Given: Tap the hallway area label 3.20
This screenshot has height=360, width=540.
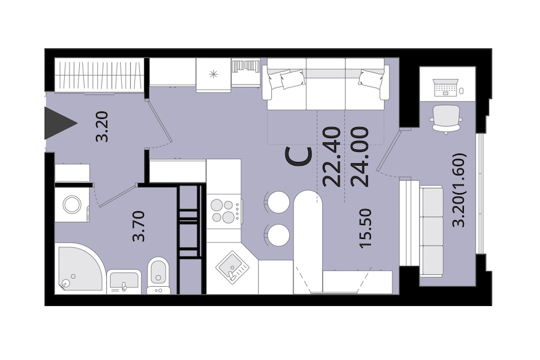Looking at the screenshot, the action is coord(102,127).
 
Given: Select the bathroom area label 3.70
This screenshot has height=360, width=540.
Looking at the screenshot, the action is coord(139,226).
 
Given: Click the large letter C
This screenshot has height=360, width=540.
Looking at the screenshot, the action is coord(299,157).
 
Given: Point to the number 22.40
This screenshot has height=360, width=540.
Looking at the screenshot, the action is coord(332,157).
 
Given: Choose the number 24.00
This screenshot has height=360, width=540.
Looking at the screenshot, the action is coord(359,157).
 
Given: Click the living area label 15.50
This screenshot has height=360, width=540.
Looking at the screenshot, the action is coord(365,228).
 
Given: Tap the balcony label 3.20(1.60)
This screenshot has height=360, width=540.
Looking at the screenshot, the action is coord(459,190).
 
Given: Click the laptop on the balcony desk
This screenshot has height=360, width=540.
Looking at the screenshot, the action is coord(446,88).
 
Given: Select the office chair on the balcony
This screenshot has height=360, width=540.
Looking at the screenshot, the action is coord(446,119).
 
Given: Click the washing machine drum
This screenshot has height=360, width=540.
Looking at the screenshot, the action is coord(73,205).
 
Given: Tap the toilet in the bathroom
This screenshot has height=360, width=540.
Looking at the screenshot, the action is coord(158,275).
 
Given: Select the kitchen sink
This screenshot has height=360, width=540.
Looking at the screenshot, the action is coord(232,267).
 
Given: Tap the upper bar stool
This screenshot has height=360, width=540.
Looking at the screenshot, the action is coord(278,202).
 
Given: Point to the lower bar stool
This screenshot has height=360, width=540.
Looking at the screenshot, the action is coord(278,235).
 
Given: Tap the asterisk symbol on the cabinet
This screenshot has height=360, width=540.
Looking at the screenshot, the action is coord(214,74).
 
